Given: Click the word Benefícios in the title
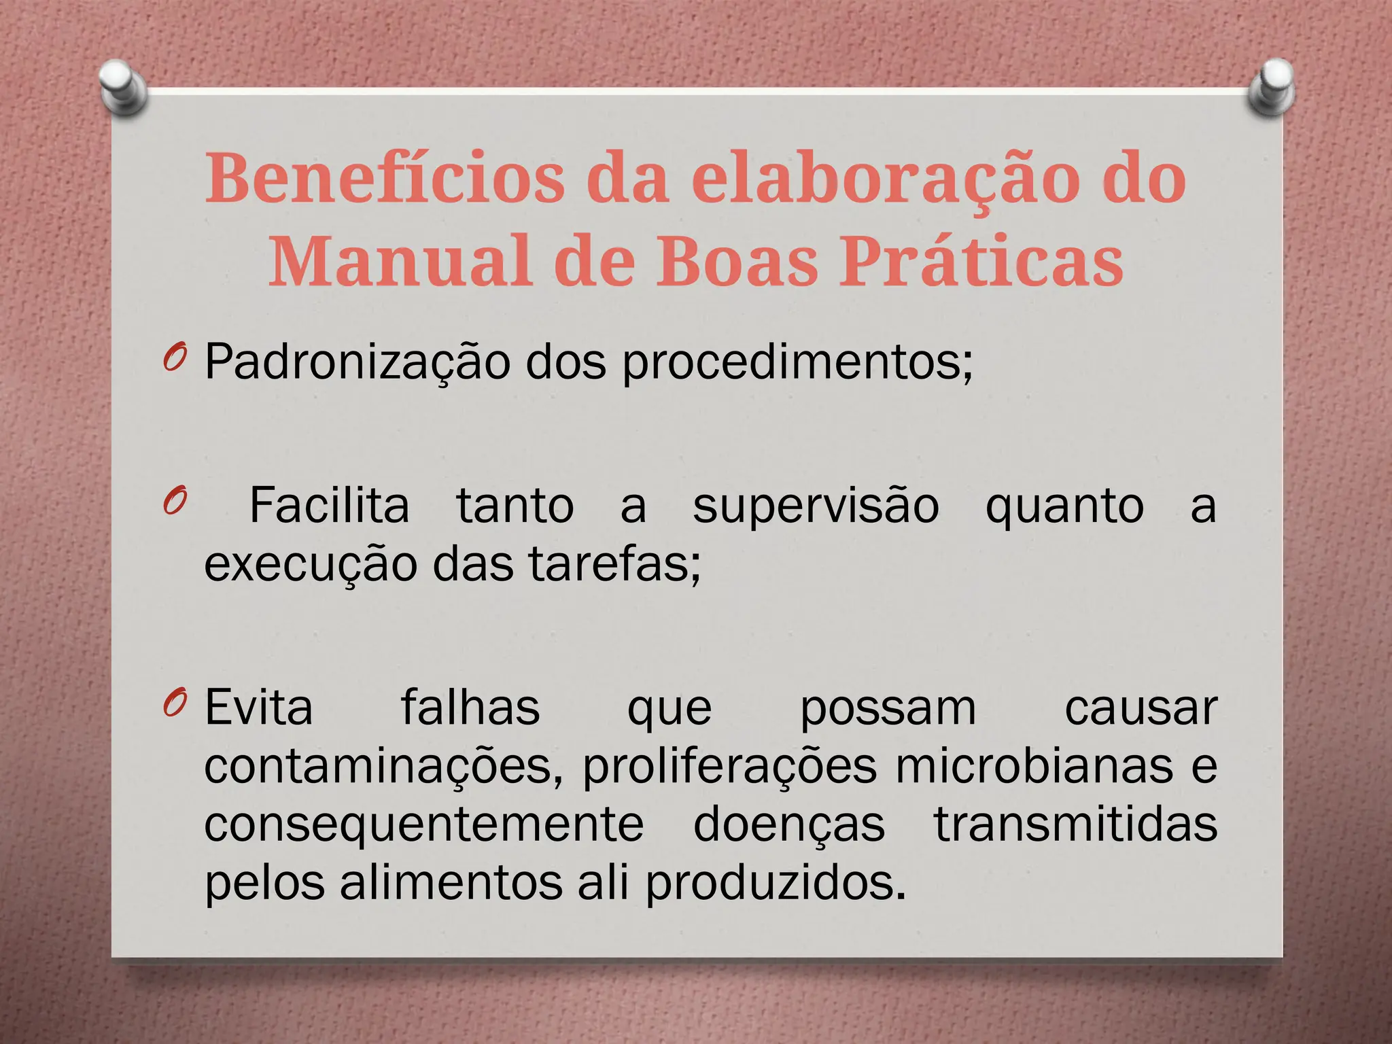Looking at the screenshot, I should click(384, 178).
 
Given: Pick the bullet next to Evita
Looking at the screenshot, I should click(174, 704).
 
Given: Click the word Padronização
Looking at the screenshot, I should click(358, 362).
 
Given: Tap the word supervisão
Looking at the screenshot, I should click(816, 507).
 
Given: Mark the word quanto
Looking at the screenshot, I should click(1064, 507).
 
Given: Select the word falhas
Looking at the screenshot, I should click(470, 708).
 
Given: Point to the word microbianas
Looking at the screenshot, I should click(1034, 767).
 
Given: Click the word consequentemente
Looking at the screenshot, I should click(424, 824).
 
